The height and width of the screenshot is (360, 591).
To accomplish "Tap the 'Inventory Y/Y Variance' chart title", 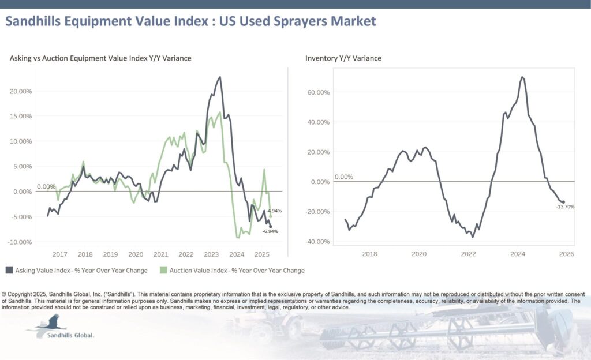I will click(x=343, y=58).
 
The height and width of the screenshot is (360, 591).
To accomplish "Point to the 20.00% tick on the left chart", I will click(x=21, y=91).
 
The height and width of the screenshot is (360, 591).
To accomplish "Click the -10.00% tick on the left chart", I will click(x=20, y=242).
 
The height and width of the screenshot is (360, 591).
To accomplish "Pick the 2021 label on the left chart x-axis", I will click(x=160, y=254).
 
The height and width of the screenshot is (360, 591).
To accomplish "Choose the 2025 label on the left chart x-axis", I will click(x=262, y=254).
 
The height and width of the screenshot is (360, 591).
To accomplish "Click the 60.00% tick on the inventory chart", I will click(x=319, y=92).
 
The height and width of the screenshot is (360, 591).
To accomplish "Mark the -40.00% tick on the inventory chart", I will click(x=317, y=242).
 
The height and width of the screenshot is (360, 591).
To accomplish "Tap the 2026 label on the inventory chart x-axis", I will click(x=566, y=254).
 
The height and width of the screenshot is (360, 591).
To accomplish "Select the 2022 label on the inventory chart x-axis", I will click(x=468, y=254).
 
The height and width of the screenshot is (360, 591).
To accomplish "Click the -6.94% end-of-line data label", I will click(x=271, y=231).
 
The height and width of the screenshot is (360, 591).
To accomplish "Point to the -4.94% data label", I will click(x=274, y=211).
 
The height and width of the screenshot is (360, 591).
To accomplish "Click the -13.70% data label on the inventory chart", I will click(x=565, y=207).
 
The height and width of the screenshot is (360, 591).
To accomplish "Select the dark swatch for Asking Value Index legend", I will click(x=9, y=270).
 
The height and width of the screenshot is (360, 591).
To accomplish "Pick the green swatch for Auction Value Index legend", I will click(x=163, y=270).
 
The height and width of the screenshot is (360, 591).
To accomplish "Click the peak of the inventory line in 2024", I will click(x=522, y=77).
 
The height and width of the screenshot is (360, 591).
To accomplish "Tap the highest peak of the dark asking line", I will click(x=220, y=77).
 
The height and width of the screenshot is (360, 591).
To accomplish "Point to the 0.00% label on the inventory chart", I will click(x=343, y=177).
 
